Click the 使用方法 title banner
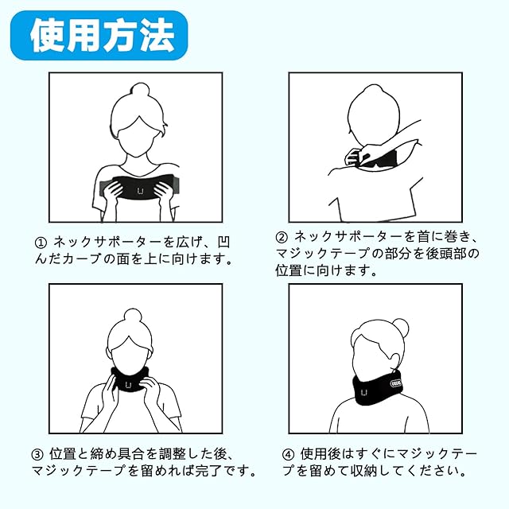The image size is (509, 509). tap(99, 35)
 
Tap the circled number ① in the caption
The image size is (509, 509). tap(41, 243)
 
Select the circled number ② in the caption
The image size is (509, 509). tap(282, 237)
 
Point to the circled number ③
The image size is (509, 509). tap(37, 454)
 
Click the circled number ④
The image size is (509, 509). tap(288, 454)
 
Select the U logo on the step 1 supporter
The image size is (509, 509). tap(140, 191)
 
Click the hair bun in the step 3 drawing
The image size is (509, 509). tap(133, 316)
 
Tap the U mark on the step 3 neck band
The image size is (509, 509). tap(128, 385)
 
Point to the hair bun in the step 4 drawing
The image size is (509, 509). tap(400, 327)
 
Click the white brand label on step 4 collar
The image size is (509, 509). tap(396, 383)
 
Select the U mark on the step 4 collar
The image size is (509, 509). tap(364, 392)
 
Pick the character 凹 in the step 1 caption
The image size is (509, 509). tap(223, 243)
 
